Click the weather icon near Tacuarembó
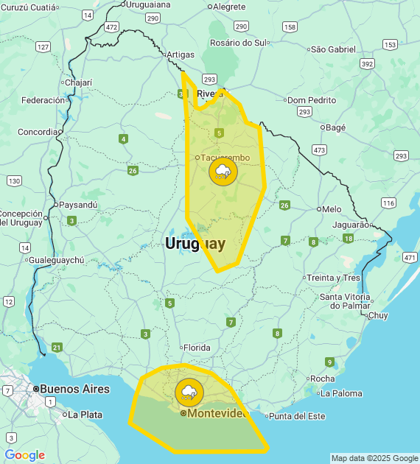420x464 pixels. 222,172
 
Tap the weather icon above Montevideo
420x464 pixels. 189,392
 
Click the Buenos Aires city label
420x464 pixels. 74,389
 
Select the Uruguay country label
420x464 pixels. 195,243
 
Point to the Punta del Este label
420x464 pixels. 297,416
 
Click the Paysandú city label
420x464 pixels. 78,204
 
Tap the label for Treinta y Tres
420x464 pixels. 334,278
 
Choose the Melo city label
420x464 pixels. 332,209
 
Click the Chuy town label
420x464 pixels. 377,315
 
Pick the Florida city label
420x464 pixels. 197,348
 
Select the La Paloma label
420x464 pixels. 341,393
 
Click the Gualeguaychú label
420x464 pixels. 58,260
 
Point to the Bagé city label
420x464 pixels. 335,127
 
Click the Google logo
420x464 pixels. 24,455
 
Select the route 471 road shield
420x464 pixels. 410,258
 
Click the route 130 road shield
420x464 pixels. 13,180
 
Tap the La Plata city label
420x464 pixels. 85,415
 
